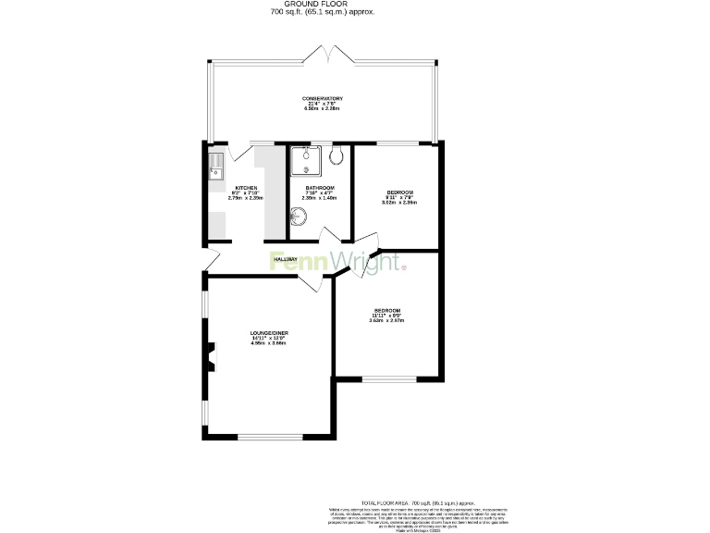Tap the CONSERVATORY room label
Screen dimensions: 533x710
[323, 98]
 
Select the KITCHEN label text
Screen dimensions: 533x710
[245, 188]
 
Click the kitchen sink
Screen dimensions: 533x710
[216, 167]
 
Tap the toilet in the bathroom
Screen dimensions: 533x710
[336, 156]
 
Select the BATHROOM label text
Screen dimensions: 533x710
[319, 188]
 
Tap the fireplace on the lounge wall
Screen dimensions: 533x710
[211, 356]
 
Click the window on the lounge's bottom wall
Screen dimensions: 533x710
[270, 437]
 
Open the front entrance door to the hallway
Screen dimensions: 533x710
[212, 260]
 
